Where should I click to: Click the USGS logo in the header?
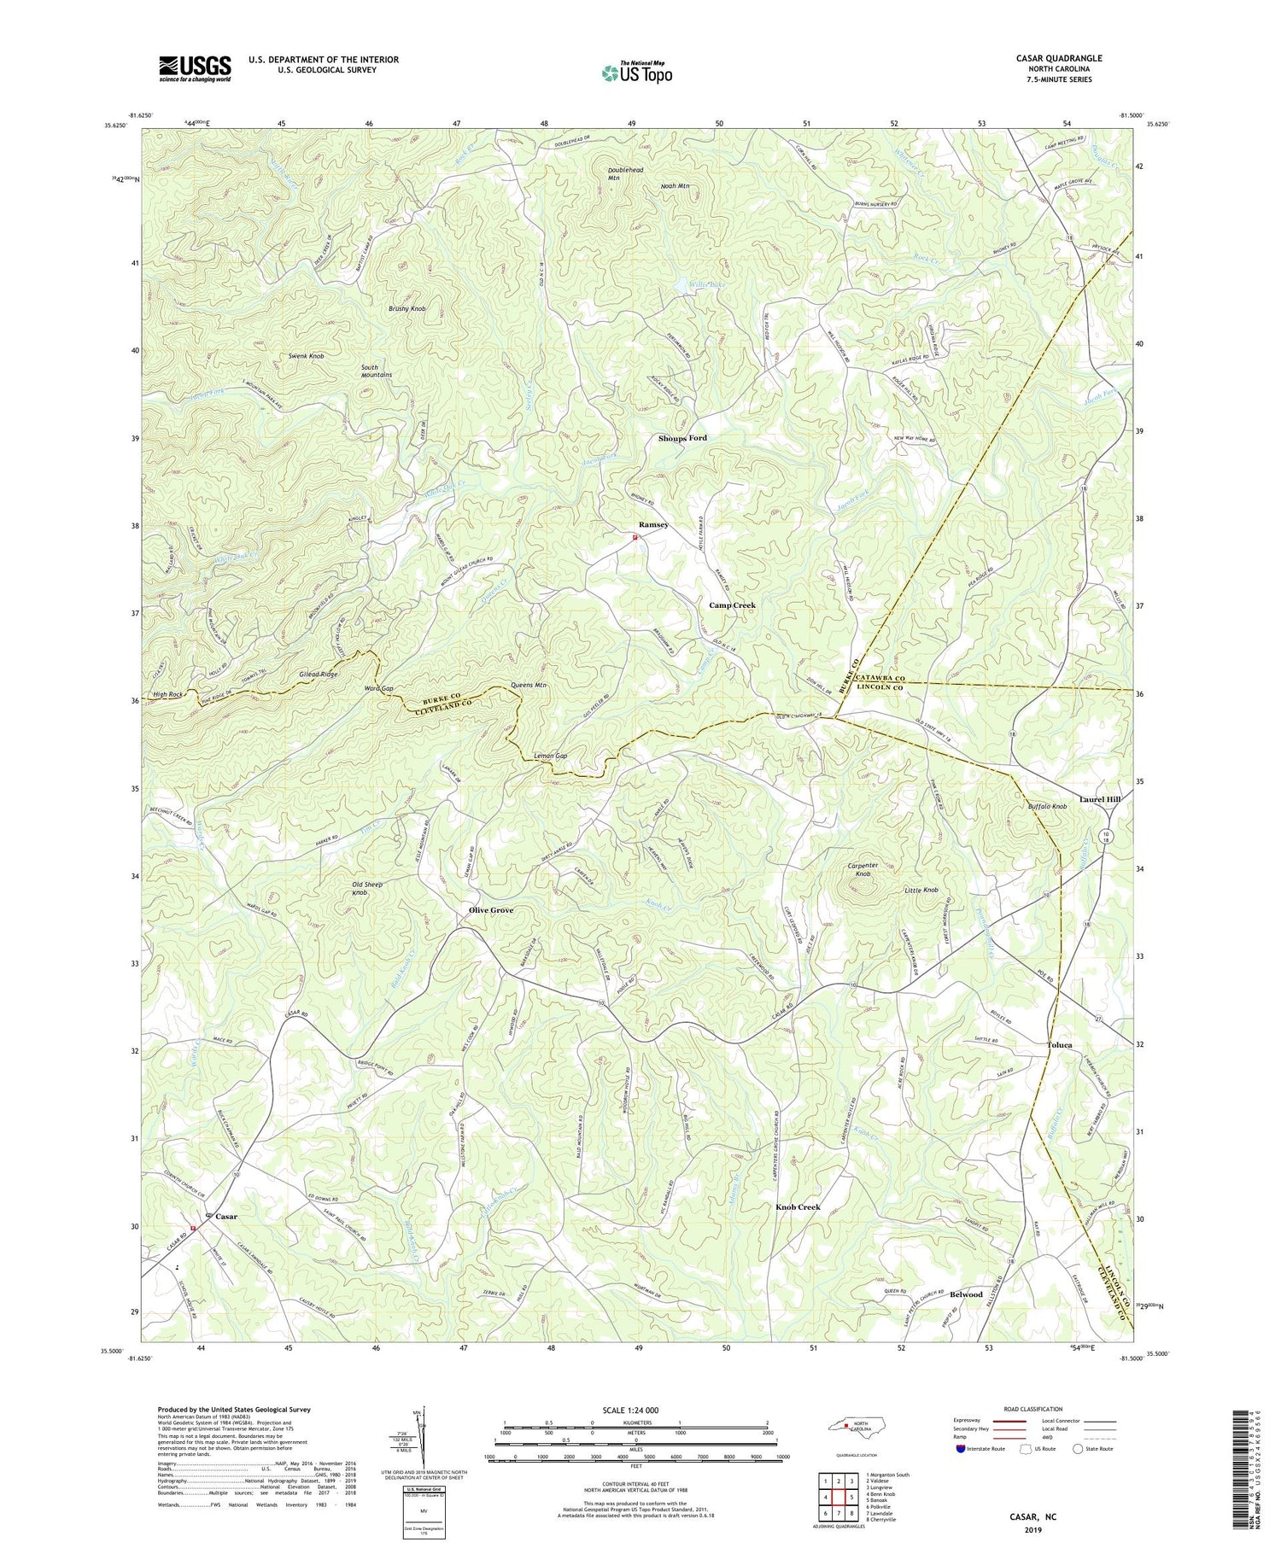(x=195, y=68)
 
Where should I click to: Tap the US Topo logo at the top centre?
(x=636, y=73)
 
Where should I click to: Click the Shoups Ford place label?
(x=682, y=438)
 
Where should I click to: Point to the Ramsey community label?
(x=653, y=525)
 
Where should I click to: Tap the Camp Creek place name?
(x=732, y=605)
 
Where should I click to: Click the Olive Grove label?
(x=491, y=910)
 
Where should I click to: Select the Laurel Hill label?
(x=1099, y=799)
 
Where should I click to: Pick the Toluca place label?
(x=1059, y=1045)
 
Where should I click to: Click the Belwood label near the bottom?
(x=966, y=1294)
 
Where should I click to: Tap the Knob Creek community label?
(x=798, y=1206)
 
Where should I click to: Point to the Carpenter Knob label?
(x=863, y=870)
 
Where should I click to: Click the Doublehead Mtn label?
(x=625, y=174)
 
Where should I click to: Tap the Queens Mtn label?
(x=529, y=685)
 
